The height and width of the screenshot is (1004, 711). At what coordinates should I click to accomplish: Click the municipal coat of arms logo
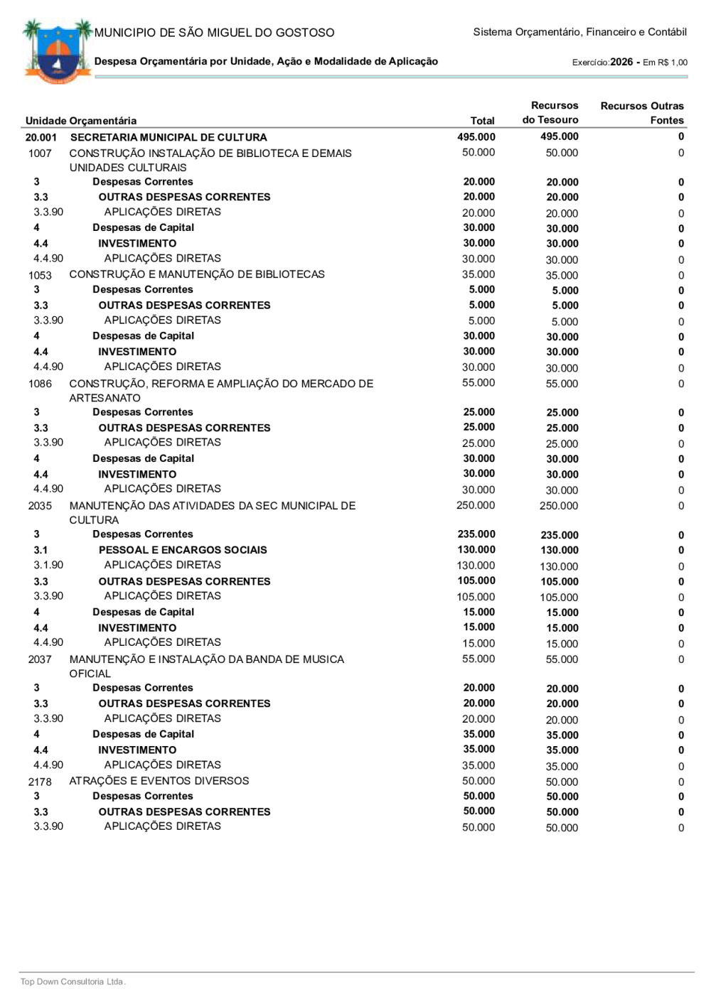(x=57, y=52)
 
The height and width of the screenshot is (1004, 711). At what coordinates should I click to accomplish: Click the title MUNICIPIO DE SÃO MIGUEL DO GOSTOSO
(x=214, y=33)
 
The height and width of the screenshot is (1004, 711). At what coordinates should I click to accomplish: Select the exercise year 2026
(x=621, y=62)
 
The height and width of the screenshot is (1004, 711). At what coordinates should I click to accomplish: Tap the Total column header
(x=482, y=121)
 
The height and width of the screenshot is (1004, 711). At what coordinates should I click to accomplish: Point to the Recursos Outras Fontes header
(x=642, y=113)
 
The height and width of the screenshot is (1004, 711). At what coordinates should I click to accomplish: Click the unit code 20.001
(x=41, y=137)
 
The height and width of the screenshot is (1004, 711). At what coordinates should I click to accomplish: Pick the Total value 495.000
(x=476, y=137)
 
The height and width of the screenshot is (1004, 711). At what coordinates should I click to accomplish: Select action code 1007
(x=40, y=153)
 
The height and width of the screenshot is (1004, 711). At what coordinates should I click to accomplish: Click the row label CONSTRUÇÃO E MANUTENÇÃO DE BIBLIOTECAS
(x=197, y=274)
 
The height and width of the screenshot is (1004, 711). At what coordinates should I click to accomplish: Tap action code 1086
(x=40, y=384)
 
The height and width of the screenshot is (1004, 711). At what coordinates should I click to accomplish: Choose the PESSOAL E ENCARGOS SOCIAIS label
(x=183, y=550)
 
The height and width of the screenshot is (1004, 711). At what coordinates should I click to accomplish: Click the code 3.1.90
(x=48, y=565)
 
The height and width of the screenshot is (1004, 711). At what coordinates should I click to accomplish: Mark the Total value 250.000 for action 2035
(x=476, y=506)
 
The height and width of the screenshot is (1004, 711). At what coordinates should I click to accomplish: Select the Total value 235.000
(x=476, y=534)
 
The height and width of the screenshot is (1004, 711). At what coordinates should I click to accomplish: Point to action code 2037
(x=40, y=659)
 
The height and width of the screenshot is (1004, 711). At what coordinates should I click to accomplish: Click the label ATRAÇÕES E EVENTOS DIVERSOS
(x=159, y=781)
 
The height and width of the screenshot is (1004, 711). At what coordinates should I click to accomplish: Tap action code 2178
(x=40, y=782)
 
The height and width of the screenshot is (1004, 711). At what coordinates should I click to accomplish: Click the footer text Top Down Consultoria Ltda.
(x=73, y=982)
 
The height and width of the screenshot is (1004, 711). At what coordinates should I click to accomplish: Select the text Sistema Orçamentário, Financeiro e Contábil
(x=579, y=32)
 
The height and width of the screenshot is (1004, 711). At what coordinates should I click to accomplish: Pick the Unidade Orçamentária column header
(x=81, y=121)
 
